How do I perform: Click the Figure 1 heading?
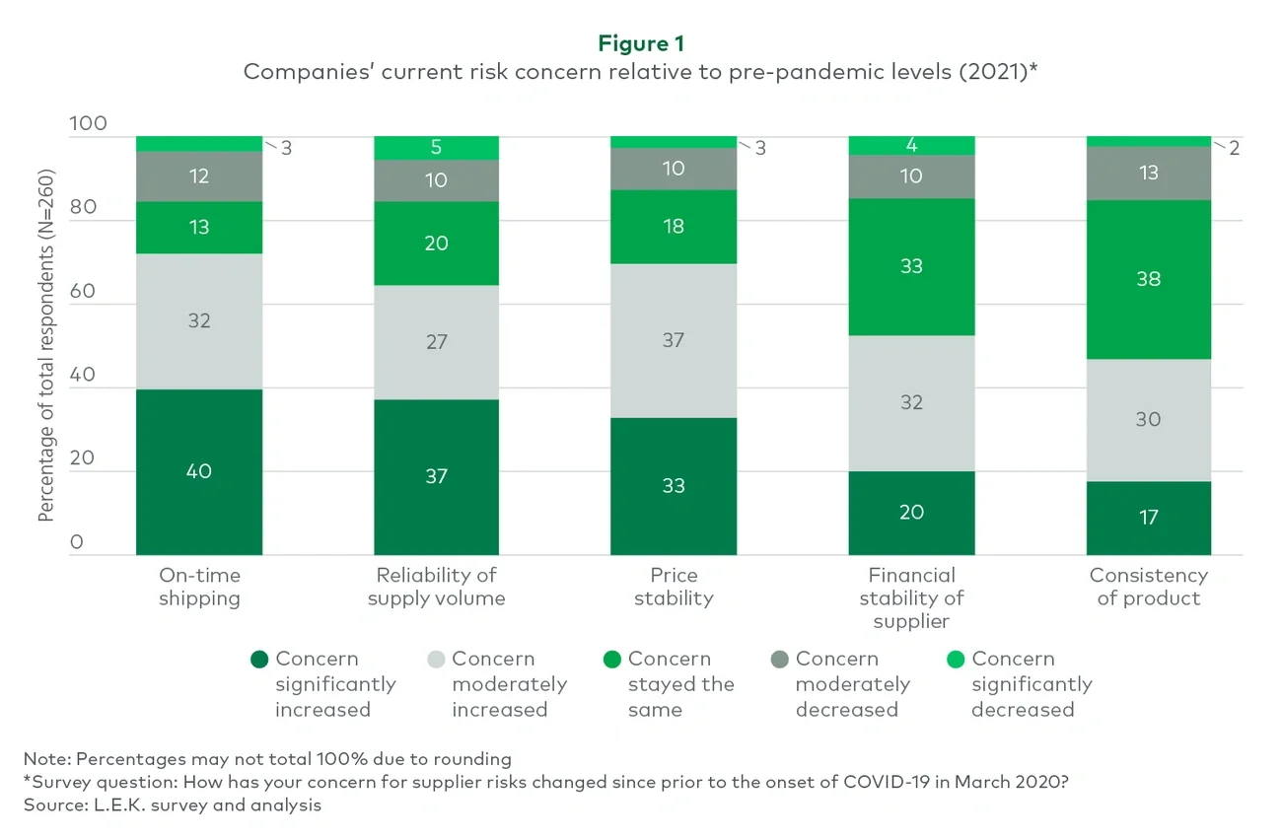click(641, 43)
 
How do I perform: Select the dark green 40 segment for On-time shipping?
click(199, 471)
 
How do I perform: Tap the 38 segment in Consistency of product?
click(1148, 279)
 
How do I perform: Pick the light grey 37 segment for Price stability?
click(674, 340)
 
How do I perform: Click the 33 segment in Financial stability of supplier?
click(911, 266)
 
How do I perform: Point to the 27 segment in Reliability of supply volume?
click(436, 342)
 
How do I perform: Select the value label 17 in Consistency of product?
click(1148, 517)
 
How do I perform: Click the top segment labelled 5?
click(436, 148)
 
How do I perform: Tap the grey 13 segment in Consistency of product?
click(1148, 173)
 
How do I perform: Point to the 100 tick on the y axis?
click(88, 124)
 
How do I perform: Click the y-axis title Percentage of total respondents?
click(46, 345)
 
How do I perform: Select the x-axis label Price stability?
click(674, 587)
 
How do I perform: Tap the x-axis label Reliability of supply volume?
click(436, 587)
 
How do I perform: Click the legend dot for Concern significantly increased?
click(260, 660)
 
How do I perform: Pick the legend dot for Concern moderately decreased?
click(780, 660)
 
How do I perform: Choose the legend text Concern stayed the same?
click(680, 684)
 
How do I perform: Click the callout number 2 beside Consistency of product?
click(1233, 148)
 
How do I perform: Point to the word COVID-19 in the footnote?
click(887, 782)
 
